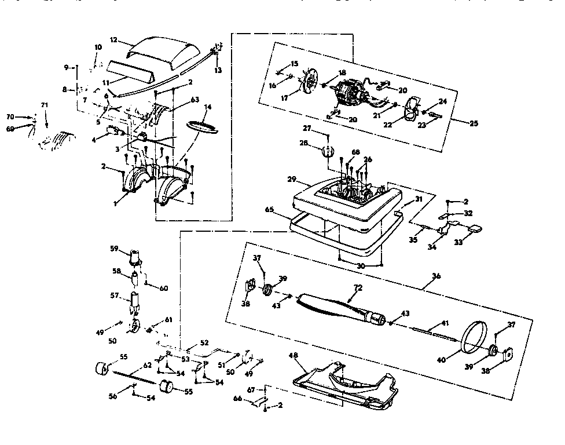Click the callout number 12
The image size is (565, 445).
(x=113, y=40)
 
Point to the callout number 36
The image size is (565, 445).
(x=436, y=276)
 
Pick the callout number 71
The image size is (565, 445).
(x=44, y=105)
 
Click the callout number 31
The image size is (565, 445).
(x=419, y=199)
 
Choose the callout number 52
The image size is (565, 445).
(x=204, y=342)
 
